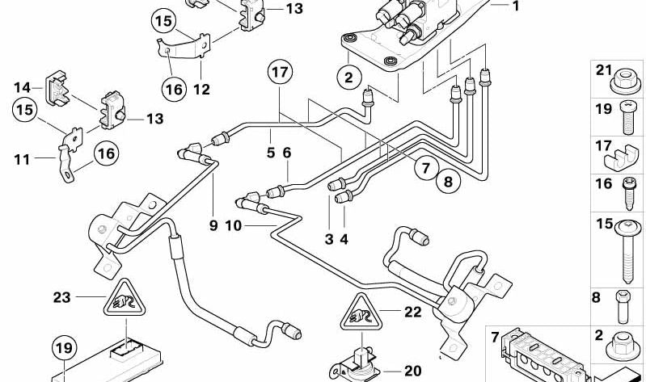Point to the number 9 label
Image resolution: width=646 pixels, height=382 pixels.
pyautogui.click(x=213, y=225)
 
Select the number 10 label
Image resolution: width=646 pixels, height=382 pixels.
pyautogui.click(x=233, y=225)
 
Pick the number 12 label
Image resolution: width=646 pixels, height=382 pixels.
pyautogui.click(x=201, y=90)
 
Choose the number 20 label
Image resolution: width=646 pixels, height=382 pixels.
pyautogui.click(x=412, y=371)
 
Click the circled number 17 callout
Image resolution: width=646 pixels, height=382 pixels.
pyautogui.click(x=280, y=73)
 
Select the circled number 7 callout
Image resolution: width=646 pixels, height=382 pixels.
pyautogui.click(x=426, y=168)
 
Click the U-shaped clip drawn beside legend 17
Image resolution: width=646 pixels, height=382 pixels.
pyautogui.click(x=626, y=153)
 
